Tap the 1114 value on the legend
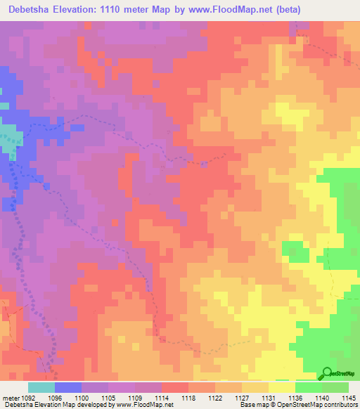[x=161, y=397]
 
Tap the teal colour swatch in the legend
[x=41, y=387]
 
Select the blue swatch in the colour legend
[x=68, y=387]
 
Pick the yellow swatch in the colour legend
[x=281, y=387]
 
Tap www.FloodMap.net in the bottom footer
[x=145, y=405]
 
